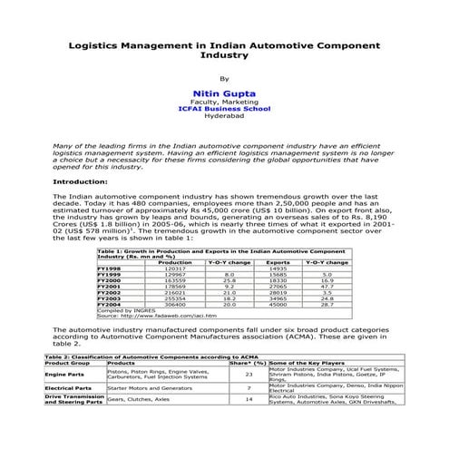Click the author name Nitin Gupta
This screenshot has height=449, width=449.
pos(224,93)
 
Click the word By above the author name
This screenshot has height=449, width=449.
pos(224,79)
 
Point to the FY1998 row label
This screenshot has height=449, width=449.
pos(109,268)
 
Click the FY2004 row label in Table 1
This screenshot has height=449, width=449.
pos(109,304)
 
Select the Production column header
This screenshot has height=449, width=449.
pos(174,262)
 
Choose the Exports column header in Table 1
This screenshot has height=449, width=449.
pos(278,262)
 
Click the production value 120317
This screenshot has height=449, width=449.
pos(174,268)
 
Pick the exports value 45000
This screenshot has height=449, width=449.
pos(278,304)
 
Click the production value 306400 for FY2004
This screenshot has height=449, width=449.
pos(174,304)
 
